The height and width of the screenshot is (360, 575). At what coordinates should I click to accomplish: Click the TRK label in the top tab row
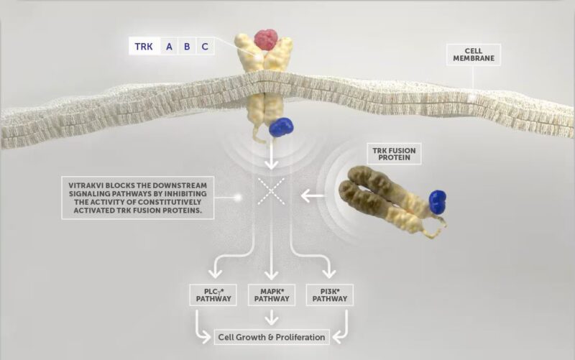tap(144, 46)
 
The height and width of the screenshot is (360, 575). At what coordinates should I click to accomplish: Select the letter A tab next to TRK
tap(169, 46)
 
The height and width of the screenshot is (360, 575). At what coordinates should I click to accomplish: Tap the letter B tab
tap(187, 46)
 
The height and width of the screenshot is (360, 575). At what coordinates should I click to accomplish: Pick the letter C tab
tap(205, 46)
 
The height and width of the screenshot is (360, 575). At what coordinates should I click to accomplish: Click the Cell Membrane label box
tap(474, 55)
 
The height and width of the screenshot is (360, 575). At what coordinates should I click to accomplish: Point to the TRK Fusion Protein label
tap(394, 154)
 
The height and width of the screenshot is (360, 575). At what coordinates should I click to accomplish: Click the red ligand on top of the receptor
tap(266, 40)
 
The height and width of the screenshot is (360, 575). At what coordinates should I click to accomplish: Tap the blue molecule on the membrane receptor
tap(281, 127)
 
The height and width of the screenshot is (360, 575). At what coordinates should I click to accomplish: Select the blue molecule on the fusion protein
tap(438, 202)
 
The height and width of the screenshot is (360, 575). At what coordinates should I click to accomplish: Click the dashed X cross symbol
tap(271, 191)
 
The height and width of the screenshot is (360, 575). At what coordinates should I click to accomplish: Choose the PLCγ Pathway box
tap(213, 295)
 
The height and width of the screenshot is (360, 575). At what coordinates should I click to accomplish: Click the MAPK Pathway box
tap(272, 295)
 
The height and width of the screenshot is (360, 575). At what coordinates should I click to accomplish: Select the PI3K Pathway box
tap(330, 295)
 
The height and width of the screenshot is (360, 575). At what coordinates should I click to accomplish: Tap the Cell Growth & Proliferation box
tap(272, 337)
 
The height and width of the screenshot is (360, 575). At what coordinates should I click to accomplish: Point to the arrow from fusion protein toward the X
tap(313, 196)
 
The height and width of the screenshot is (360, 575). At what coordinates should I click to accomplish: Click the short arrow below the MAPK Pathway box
tap(272, 317)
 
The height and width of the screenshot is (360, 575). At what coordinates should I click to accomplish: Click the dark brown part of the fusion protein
tap(367, 190)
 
